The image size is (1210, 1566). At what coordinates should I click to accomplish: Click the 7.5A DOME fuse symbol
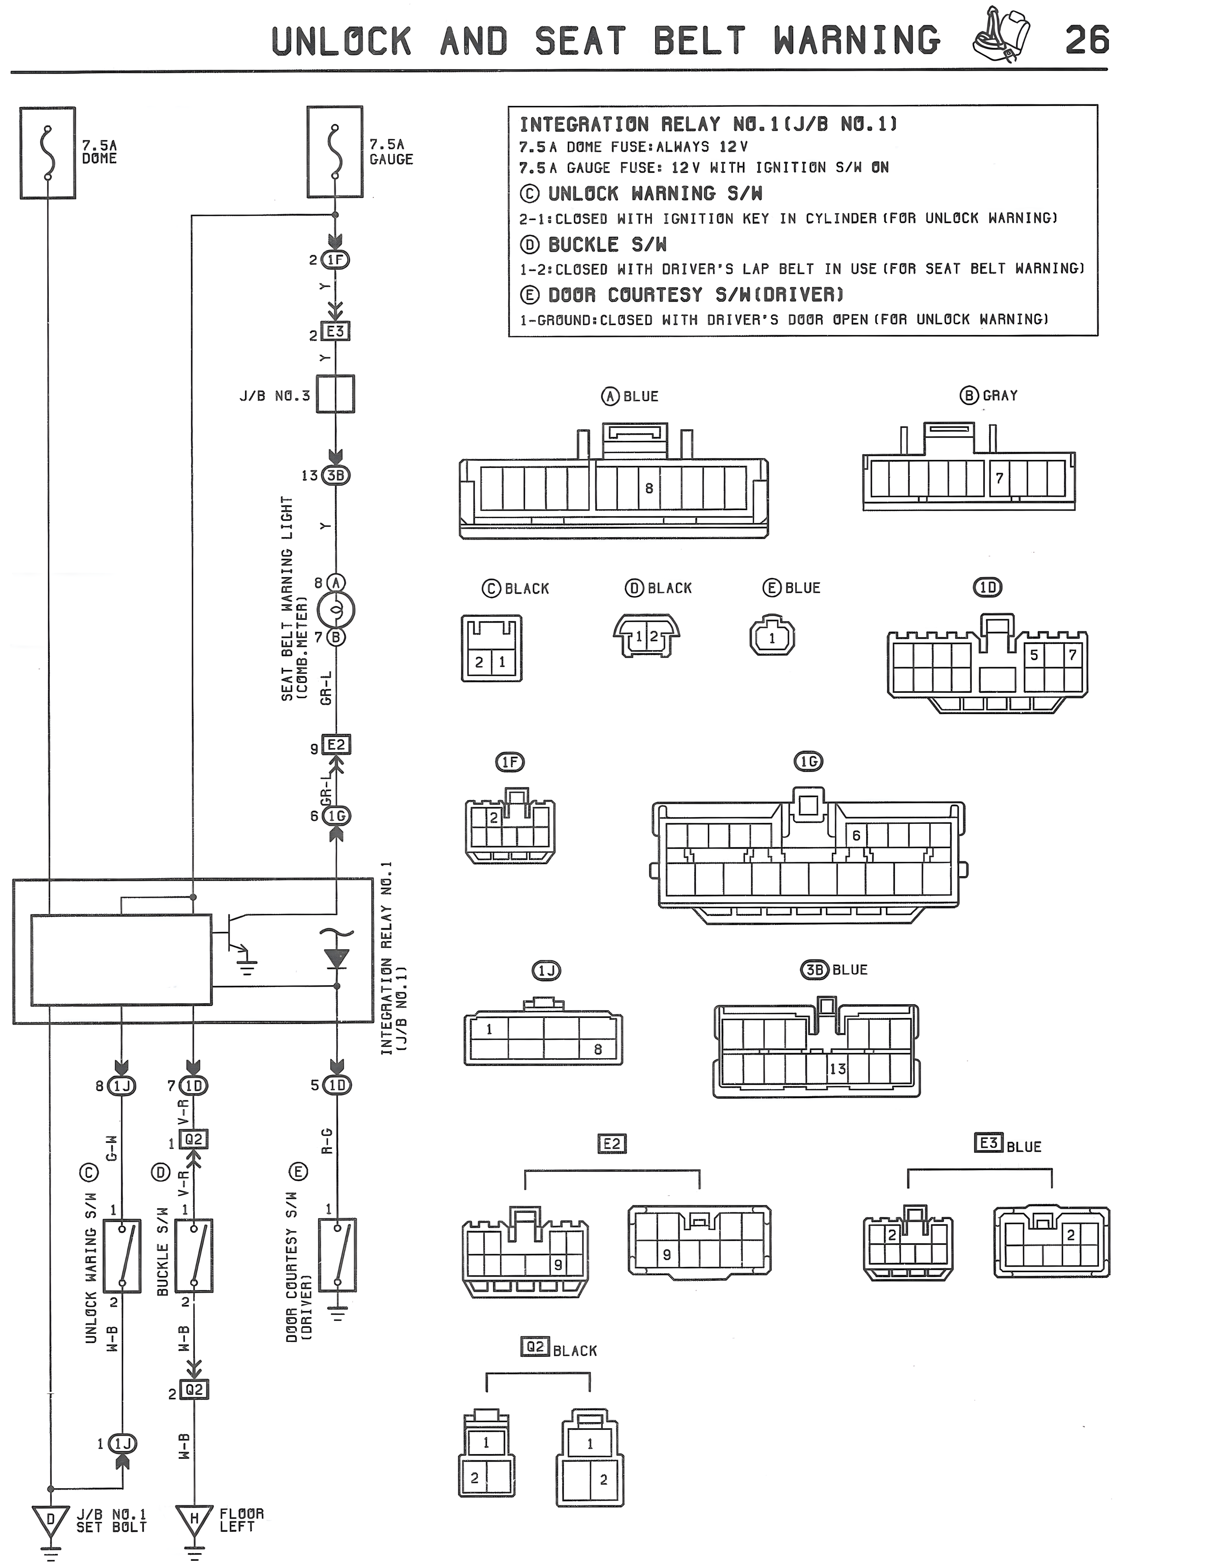click(x=47, y=153)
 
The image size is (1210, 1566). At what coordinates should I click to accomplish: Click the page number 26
click(x=1087, y=40)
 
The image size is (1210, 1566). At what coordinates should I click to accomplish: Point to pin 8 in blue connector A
click(x=649, y=488)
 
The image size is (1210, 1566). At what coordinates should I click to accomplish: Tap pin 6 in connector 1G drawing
click(x=856, y=835)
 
